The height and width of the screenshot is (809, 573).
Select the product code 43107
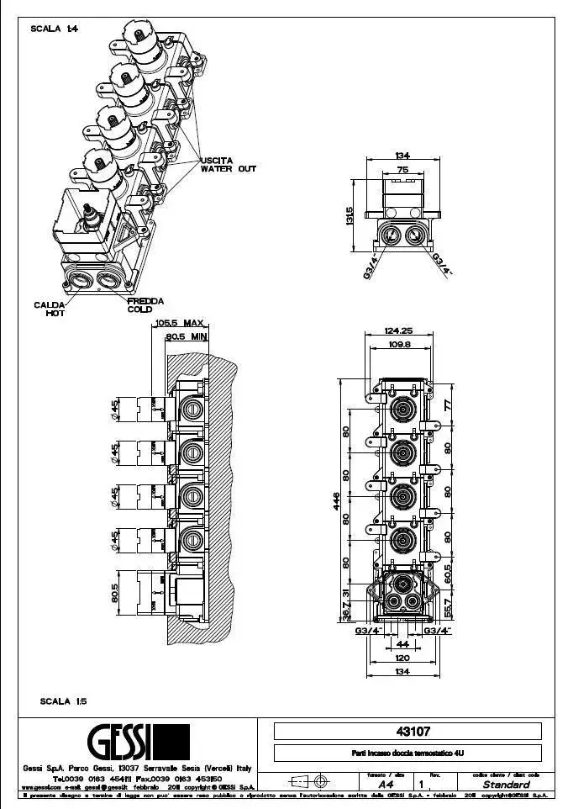pos(407,732)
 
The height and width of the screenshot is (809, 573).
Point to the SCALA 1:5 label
pos(63,701)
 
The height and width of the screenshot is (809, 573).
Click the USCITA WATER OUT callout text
pos(228,164)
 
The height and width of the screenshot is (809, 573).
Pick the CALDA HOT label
pos(50,309)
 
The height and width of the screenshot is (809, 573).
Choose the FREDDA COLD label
pos(145,304)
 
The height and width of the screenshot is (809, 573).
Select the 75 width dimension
pos(402,169)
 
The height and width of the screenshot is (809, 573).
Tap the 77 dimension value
pos(448,405)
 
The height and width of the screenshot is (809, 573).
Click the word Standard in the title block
pos(506,784)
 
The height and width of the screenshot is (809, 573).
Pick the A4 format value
pos(386,784)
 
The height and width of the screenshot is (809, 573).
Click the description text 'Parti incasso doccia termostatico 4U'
pos(407,753)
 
